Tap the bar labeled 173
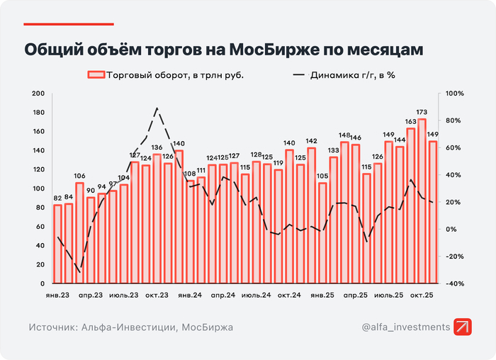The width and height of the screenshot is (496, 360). (x=422, y=202)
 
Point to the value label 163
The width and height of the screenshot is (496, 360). (x=410, y=121)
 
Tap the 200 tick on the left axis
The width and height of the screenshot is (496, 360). (x=38, y=94)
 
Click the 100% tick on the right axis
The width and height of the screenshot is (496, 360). (x=454, y=94)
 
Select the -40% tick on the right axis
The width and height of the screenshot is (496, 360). (x=454, y=283)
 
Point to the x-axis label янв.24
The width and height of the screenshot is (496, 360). (x=191, y=294)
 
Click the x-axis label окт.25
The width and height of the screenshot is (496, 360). (x=422, y=294)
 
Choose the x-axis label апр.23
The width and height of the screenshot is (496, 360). (x=91, y=294)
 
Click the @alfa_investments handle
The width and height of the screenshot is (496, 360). (x=405, y=327)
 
